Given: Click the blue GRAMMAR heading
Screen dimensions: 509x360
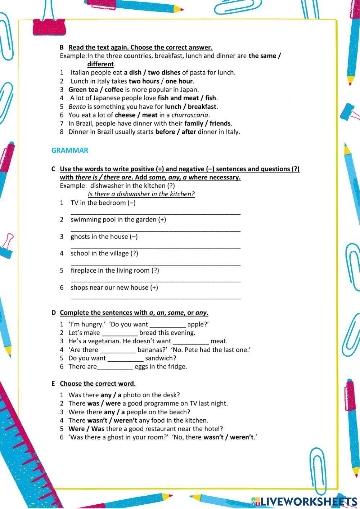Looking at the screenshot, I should [69, 150].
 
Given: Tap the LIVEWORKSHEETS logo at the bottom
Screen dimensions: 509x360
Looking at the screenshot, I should [304, 501].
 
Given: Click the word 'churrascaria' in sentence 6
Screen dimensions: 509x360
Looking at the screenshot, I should [190, 115].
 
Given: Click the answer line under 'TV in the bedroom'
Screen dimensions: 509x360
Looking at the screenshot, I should [156, 213].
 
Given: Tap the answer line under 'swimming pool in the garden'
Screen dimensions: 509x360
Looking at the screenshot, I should [156, 229].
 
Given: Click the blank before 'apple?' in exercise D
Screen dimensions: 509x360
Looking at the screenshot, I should [167, 325].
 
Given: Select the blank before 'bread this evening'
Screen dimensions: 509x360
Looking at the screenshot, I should [120, 333].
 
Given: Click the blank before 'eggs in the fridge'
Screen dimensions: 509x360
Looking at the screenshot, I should [115, 367].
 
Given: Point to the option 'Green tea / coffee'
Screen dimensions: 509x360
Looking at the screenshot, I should [96, 90].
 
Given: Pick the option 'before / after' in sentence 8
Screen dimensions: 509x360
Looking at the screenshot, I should [175, 132].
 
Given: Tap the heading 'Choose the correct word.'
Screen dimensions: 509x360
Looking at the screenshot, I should [98, 384].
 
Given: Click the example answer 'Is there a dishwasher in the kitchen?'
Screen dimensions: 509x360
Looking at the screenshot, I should [141, 194].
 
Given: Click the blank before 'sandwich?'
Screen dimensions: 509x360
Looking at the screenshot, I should [125, 358].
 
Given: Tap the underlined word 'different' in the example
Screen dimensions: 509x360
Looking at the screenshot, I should [100, 64].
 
